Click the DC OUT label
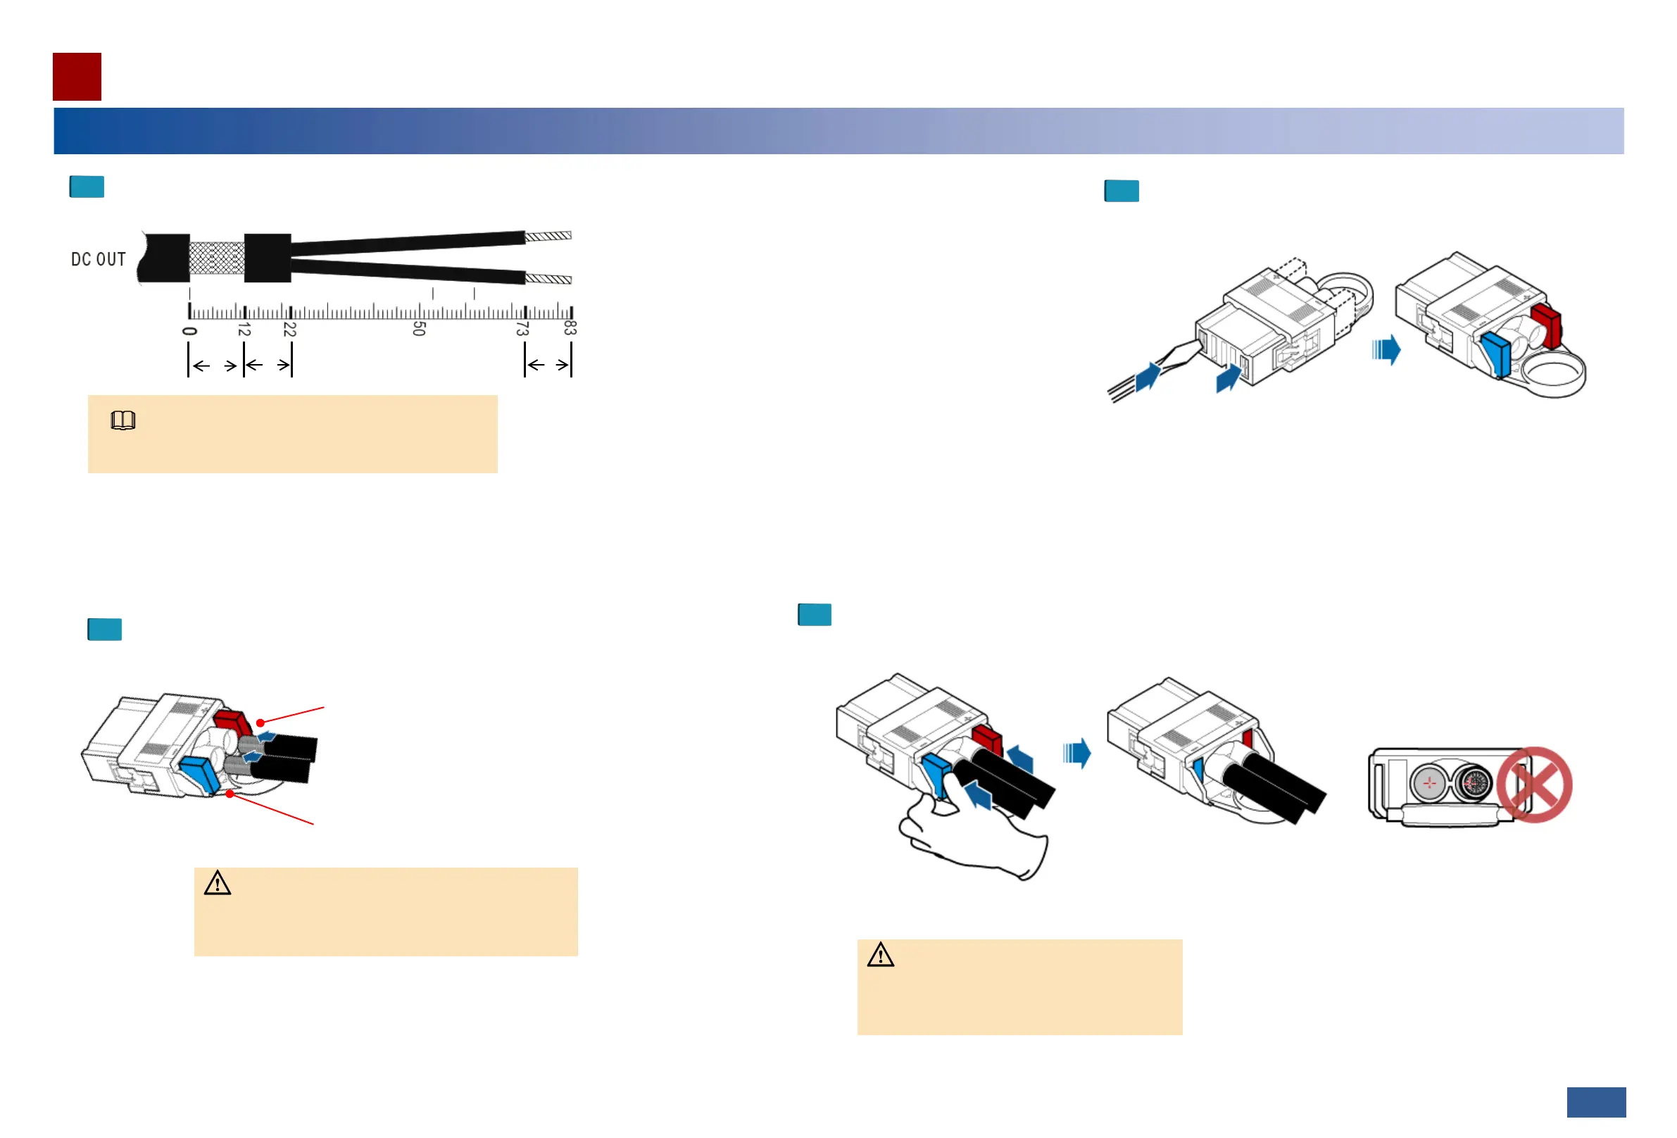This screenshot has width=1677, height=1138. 98,259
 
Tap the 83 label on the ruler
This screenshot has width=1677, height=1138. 570,327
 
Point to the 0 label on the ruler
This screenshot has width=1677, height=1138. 190,331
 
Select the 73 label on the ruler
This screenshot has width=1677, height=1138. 522,329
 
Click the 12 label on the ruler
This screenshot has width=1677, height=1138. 244,330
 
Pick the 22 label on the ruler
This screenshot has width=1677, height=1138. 289,329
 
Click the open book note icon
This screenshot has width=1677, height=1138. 123,420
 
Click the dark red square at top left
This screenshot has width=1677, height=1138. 77,77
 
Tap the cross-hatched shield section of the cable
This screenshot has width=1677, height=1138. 216,258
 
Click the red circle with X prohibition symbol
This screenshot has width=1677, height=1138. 1534,784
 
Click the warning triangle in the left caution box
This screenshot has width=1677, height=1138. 218,883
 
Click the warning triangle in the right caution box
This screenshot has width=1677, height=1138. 880,956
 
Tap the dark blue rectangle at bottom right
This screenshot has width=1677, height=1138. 1596,1102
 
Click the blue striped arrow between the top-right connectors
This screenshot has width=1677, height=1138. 1386,350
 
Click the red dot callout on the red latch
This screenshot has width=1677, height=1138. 260,723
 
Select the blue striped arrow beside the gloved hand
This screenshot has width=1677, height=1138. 1076,754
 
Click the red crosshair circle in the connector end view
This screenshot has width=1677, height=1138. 1428,782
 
